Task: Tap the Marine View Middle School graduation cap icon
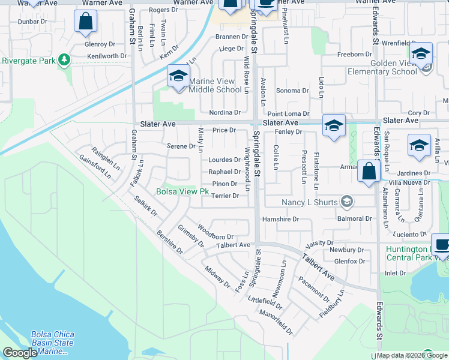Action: point(178,76)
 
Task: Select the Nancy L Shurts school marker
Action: point(346,202)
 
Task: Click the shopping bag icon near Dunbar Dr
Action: point(85,22)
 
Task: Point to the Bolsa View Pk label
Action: point(182,192)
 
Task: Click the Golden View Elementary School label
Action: point(376,67)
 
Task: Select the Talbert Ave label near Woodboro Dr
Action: point(233,245)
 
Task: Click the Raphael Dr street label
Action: point(224,172)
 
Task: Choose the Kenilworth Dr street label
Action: point(107,56)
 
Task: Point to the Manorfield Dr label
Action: point(276,322)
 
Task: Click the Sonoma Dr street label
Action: point(292,91)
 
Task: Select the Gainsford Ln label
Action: point(95,167)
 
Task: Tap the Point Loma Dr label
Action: point(288,113)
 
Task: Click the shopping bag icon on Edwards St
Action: point(368,170)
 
